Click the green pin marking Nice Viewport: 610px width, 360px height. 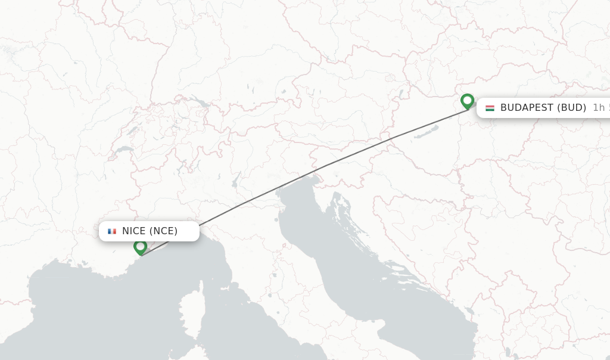click(x=141, y=247)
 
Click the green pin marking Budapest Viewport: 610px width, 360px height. click(x=467, y=101)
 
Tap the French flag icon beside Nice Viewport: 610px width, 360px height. click(x=112, y=231)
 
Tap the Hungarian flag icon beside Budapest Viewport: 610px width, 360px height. click(x=490, y=108)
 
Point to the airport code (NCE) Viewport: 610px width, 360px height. click(x=163, y=231)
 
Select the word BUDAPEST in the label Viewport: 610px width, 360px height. click(x=527, y=108)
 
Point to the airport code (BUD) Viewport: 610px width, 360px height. click(x=571, y=108)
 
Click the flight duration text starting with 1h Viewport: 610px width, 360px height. click(x=600, y=108)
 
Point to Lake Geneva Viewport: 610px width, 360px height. click(x=124, y=150)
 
